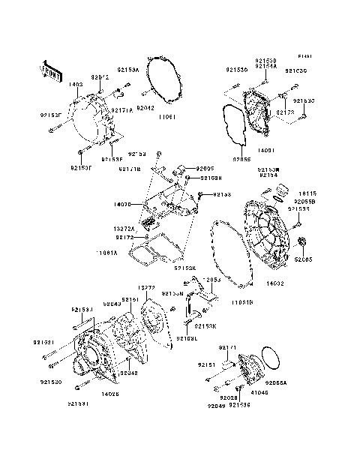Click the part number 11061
click(166, 118)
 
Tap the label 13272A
click(124, 229)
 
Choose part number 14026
click(110, 392)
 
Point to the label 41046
click(259, 391)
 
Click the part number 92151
click(207, 364)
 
